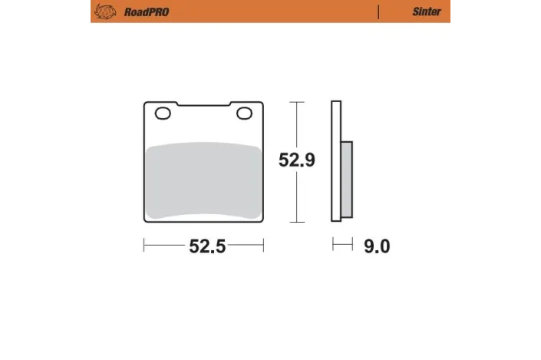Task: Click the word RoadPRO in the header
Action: tap(141, 12)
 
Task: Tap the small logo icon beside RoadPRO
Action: tap(102, 12)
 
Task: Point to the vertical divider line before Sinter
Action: tap(378, 12)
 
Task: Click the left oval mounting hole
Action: tap(163, 114)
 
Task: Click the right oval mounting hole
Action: tap(245, 114)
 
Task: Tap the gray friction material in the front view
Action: tap(203, 177)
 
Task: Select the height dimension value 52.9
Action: tap(296, 160)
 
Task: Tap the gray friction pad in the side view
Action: tap(347, 178)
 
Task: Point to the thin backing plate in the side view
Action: tap(335, 161)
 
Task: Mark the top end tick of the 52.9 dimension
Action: tap(296, 101)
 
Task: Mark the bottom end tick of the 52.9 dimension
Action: tap(296, 222)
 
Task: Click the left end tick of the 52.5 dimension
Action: tap(144, 246)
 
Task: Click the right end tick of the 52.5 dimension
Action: tap(263, 246)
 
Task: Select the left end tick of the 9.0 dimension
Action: tap(332, 246)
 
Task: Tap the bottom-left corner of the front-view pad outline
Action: tap(146, 221)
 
